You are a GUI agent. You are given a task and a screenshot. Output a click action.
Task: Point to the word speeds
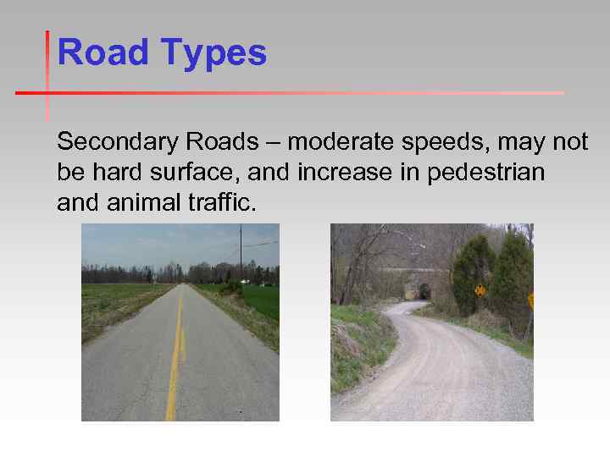pos(433,144)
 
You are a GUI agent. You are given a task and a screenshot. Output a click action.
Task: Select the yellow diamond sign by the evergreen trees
pos(480,290)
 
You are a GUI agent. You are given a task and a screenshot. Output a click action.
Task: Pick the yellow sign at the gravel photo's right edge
pos(530,300)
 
